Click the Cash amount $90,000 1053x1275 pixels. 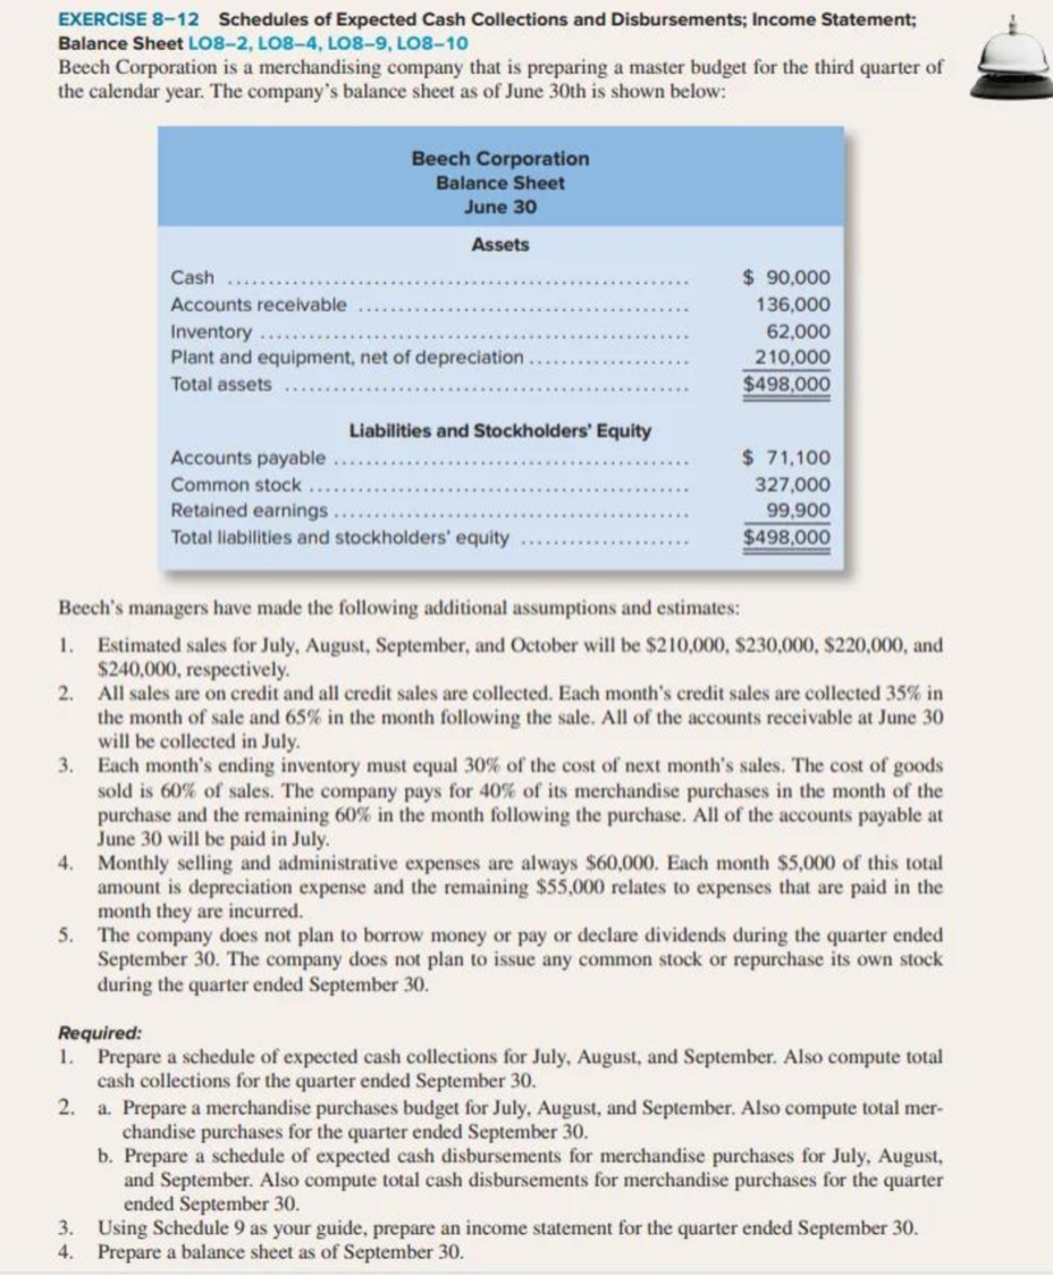pyautogui.click(x=786, y=277)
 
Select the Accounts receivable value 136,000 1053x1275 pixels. pyautogui.click(x=792, y=304)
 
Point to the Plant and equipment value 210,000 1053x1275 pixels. pyautogui.click(x=792, y=357)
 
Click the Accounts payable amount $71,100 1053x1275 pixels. pyautogui.click(x=786, y=457)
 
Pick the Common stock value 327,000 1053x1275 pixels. pyautogui.click(x=792, y=484)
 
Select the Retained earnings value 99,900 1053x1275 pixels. pyautogui.click(x=798, y=511)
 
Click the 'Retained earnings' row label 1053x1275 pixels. pyautogui.click(x=249, y=511)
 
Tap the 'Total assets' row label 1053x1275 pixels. pyautogui.click(x=221, y=384)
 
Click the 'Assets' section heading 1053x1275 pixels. pyautogui.click(x=500, y=245)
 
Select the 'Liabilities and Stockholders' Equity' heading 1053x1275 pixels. pyautogui.click(x=500, y=431)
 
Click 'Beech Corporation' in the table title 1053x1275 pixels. pyautogui.click(x=500, y=159)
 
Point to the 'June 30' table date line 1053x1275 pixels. pyautogui.click(x=500, y=207)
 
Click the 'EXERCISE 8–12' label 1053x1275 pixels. pyautogui.click(x=129, y=19)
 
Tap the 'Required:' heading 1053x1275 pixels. pyautogui.click(x=99, y=1033)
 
